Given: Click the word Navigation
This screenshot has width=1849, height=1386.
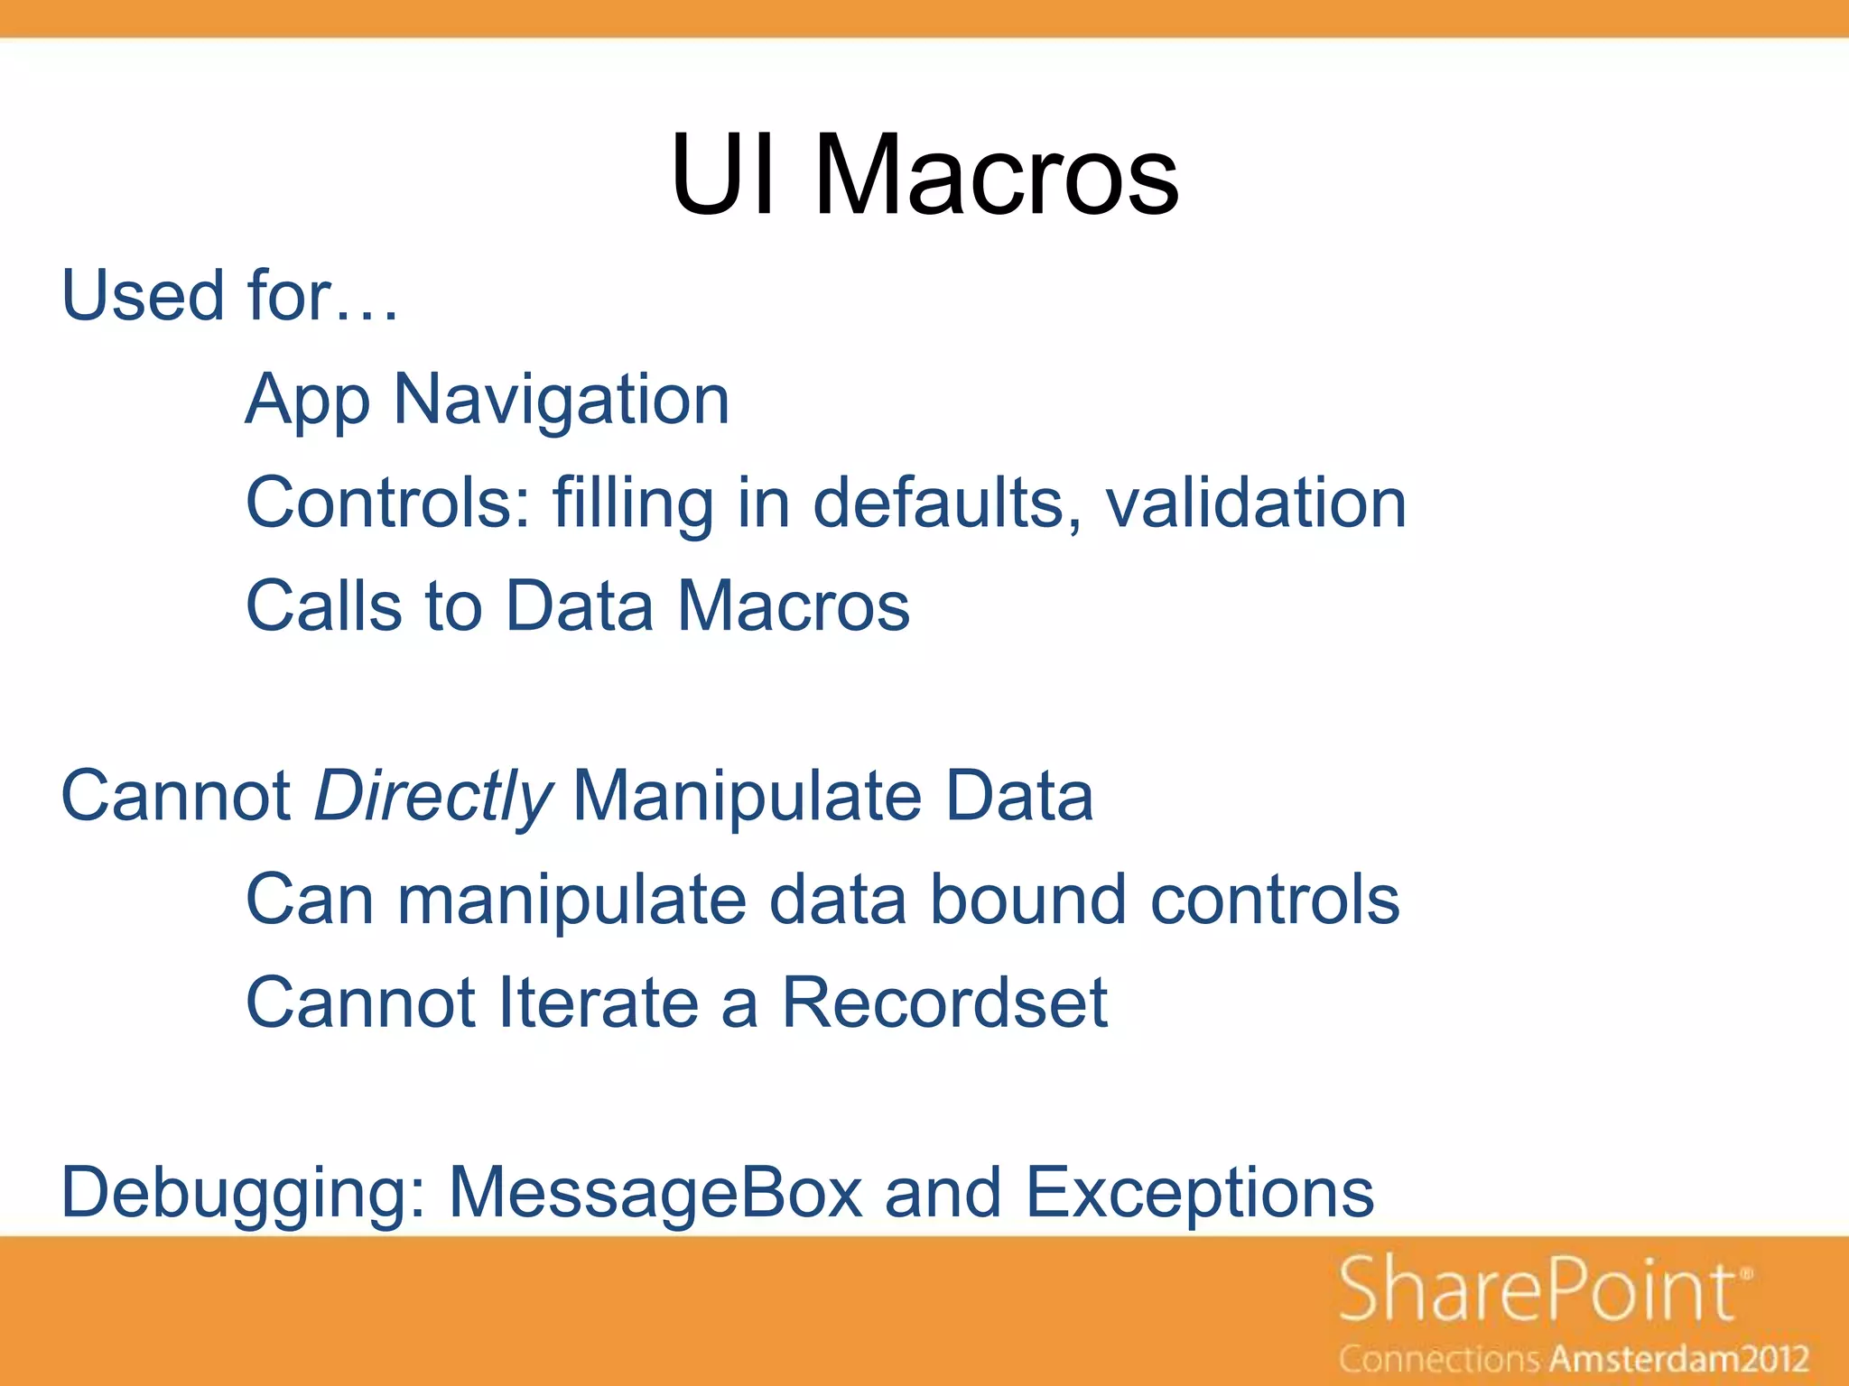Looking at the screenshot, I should click(561, 400).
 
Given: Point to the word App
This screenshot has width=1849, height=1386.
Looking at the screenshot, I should click(307, 402).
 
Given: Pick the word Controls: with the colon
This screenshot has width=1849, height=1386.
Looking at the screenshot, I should click(388, 503).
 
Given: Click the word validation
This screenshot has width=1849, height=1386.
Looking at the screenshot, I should click(1256, 503).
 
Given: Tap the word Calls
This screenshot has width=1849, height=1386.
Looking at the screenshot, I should click(323, 605).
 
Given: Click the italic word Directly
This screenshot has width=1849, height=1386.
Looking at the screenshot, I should click(432, 797).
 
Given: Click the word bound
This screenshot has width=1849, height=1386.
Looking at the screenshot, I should click(1028, 900).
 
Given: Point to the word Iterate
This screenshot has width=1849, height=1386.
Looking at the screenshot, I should click(598, 1003).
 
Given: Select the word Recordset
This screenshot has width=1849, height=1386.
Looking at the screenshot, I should click(943, 1003).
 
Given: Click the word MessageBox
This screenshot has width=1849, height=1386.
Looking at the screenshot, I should click(655, 1192).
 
